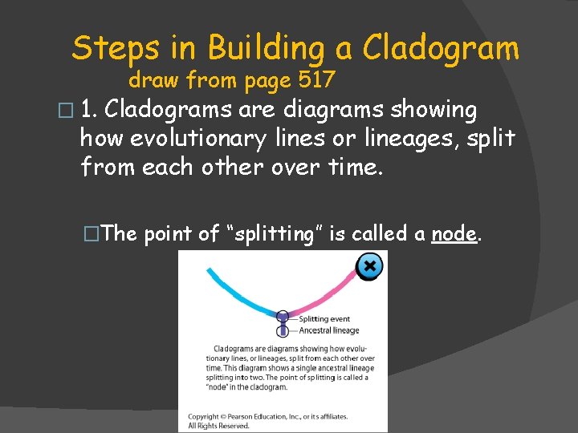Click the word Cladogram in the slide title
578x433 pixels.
tap(441, 49)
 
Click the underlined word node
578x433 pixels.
tap(454, 233)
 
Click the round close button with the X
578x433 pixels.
tap(368, 266)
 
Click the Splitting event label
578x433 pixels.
tap(324, 319)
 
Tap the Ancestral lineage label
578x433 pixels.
tap(328, 330)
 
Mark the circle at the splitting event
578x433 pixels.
tap(283, 317)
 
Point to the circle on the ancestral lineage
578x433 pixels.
tap(283, 330)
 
